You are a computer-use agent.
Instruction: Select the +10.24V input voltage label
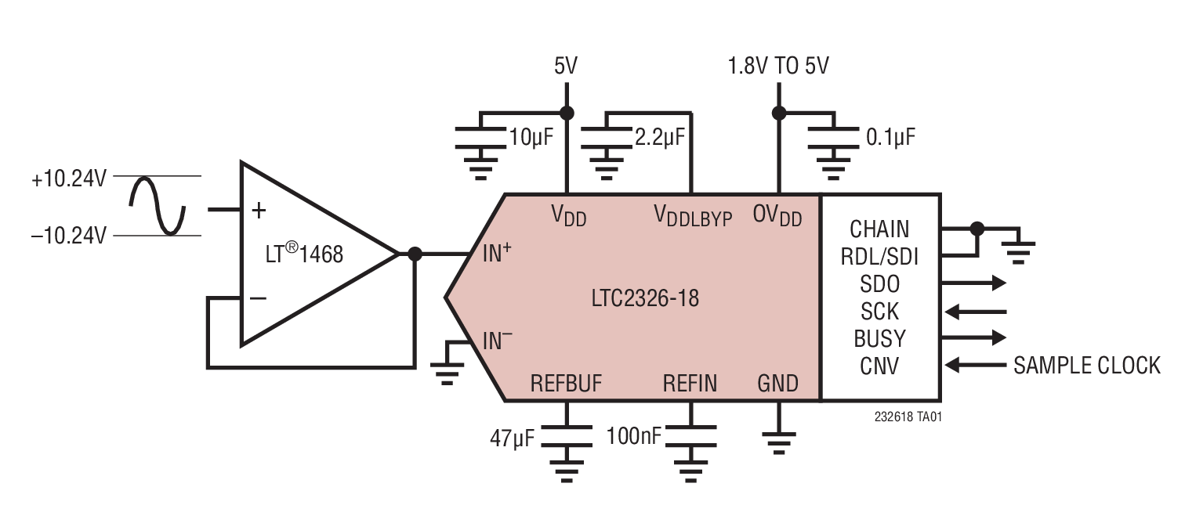click(x=68, y=179)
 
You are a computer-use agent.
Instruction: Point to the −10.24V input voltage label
click(x=68, y=235)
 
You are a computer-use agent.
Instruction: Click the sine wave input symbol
click(x=157, y=205)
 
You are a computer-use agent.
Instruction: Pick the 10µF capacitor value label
click(x=531, y=138)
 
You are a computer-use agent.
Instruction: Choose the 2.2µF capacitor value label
click(x=659, y=138)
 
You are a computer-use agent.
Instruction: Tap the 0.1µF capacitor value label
click(x=890, y=138)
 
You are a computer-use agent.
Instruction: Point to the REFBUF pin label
click(x=566, y=383)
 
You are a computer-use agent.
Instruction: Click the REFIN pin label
click(x=690, y=383)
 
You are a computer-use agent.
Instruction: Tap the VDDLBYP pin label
click(x=693, y=215)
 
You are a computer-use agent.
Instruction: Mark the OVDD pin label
click(x=777, y=215)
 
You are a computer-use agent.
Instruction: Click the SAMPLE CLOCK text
click(x=1086, y=365)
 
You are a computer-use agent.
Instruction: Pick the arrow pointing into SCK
click(x=975, y=312)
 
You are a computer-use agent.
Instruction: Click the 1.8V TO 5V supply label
click(x=778, y=67)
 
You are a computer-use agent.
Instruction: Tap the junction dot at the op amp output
click(x=415, y=254)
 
